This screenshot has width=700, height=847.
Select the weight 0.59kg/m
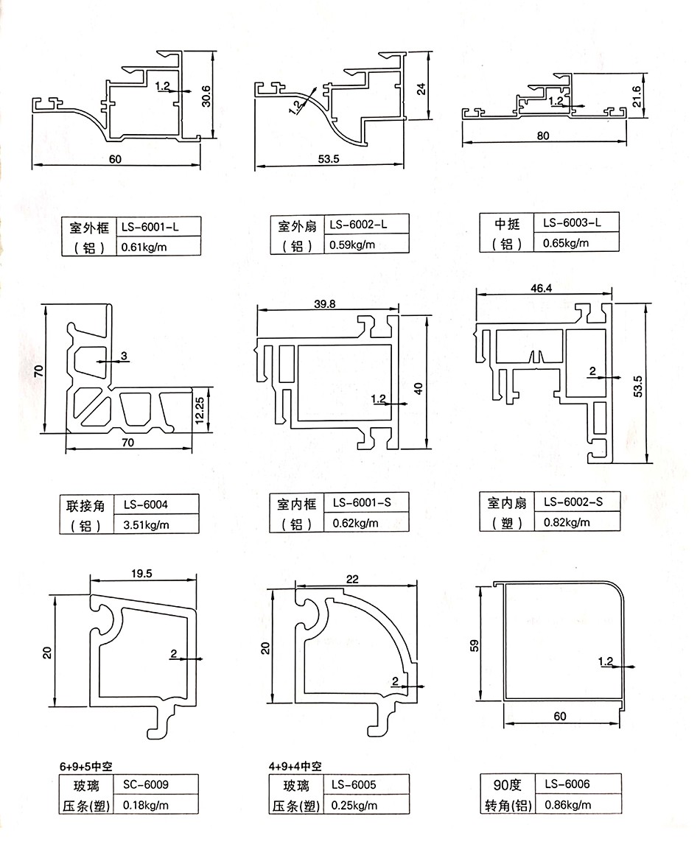[353, 245]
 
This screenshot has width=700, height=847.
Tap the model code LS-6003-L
[572, 222]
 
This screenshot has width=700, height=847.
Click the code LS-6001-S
[361, 503]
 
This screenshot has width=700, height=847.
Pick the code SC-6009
[145, 784]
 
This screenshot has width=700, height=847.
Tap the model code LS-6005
[354, 784]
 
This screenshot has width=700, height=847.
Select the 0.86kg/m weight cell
[567, 804]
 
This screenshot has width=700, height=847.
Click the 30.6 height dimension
[206, 96]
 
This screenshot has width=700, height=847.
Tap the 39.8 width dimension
[304, 303]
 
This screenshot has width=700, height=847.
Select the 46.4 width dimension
[540, 289]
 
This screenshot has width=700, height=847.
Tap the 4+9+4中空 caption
[295, 766]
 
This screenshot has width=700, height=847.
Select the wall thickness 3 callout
[124, 356]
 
